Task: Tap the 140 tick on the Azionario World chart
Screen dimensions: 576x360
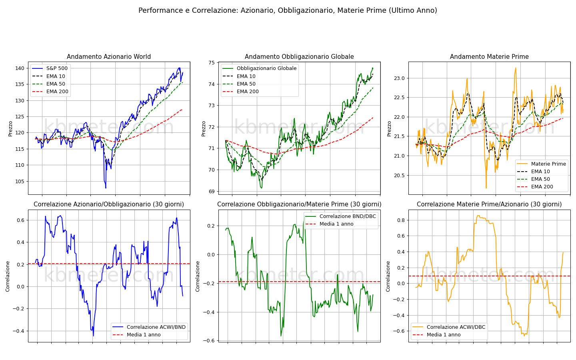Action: tap(20, 68)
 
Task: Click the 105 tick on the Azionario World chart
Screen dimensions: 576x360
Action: tap(20, 182)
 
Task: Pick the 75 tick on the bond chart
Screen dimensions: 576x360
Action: tap(212, 63)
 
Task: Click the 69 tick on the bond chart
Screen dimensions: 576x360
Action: tap(212, 192)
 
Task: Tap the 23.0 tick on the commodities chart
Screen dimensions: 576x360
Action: tap(399, 78)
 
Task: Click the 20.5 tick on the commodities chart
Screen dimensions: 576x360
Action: tap(399, 176)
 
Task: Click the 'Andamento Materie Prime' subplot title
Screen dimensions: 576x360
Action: tap(489, 56)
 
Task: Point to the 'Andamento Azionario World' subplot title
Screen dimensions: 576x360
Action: tap(109, 56)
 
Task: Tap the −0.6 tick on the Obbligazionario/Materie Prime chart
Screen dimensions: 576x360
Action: tap(209, 341)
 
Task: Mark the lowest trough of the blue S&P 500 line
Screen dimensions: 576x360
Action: tap(106, 188)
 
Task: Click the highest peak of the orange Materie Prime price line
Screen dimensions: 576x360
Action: tap(516, 68)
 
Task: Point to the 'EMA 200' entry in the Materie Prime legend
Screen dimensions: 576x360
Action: tap(542, 187)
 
